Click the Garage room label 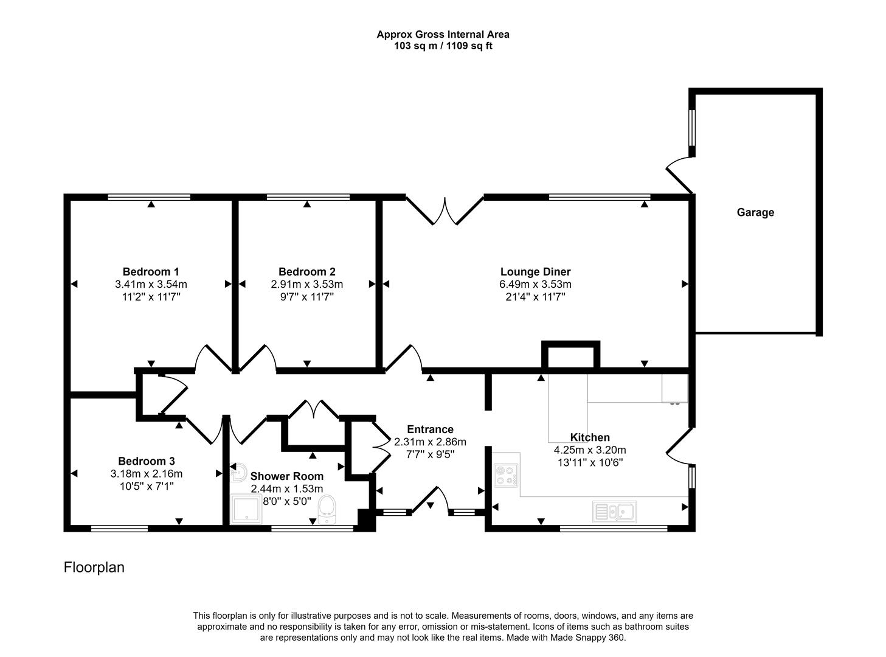755,212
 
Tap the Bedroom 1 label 151,271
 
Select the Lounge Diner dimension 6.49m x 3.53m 535,284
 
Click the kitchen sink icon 615,512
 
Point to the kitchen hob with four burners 506,475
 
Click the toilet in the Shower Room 327,509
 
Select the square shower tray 247,509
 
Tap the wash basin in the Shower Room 238,470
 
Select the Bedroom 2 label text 307,271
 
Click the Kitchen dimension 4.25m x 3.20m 589,450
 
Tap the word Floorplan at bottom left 94,567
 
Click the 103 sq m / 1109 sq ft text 443,46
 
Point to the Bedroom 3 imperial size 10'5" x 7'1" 147,486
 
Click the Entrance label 430,429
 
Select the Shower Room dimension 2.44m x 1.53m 286,488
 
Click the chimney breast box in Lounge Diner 570,355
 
